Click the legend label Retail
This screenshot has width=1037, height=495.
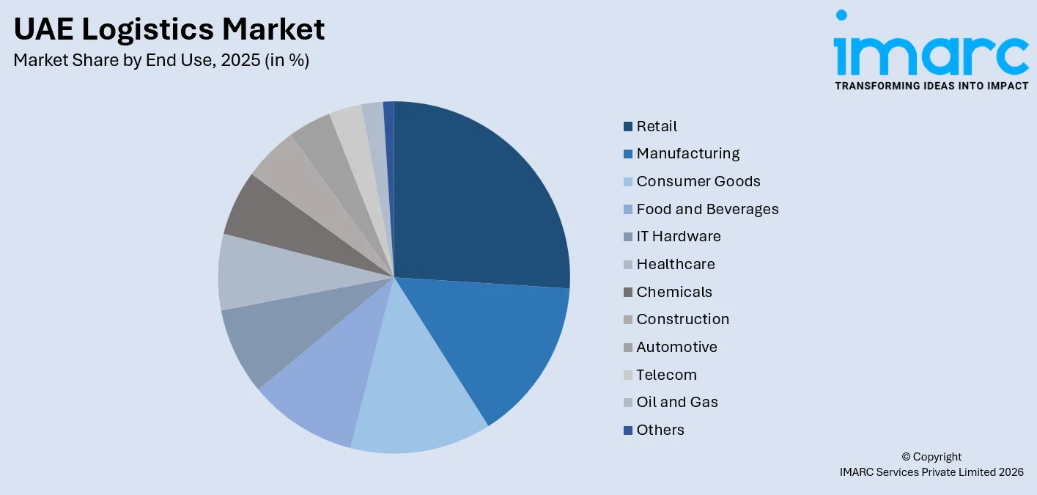pyautogui.click(x=657, y=126)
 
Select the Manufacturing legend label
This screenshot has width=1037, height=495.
pyautogui.click(x=687, y=154)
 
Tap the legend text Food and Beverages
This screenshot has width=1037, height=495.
pyautogui.click(x=707, y=209)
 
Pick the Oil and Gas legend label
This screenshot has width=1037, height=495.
pyautogui.click(x=677, y=402)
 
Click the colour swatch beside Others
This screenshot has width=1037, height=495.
pyautogui.click(x=628, y=430)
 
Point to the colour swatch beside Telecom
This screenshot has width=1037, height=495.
pyautogui.click(x=628, y=375)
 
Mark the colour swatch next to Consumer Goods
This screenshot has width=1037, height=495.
pyautogui.click(x=628, y=182)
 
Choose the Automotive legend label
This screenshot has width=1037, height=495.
pyautogui.click(x=676, y=347)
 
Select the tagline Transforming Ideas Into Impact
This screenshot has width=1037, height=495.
pyautogui.click(x=931, y=86)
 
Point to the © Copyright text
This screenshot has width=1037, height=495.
pyautogui.click(x=931, y=457)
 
